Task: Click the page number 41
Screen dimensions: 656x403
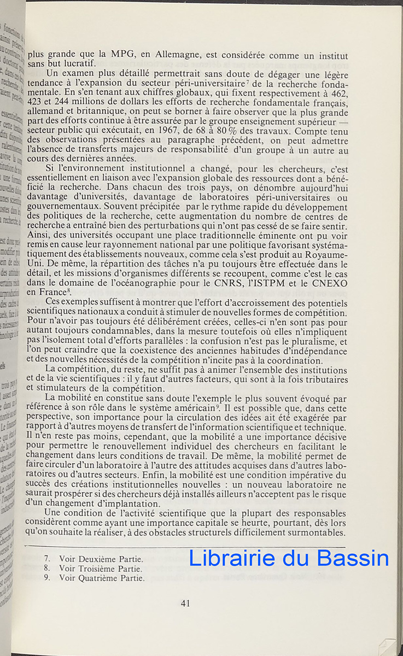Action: (185, 604)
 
